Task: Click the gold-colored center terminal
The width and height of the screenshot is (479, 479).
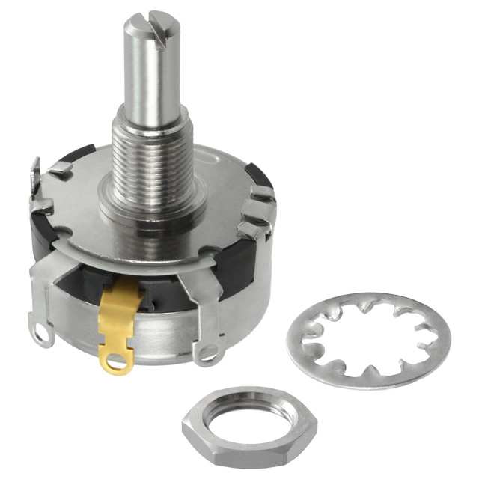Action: click(118, 322)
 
